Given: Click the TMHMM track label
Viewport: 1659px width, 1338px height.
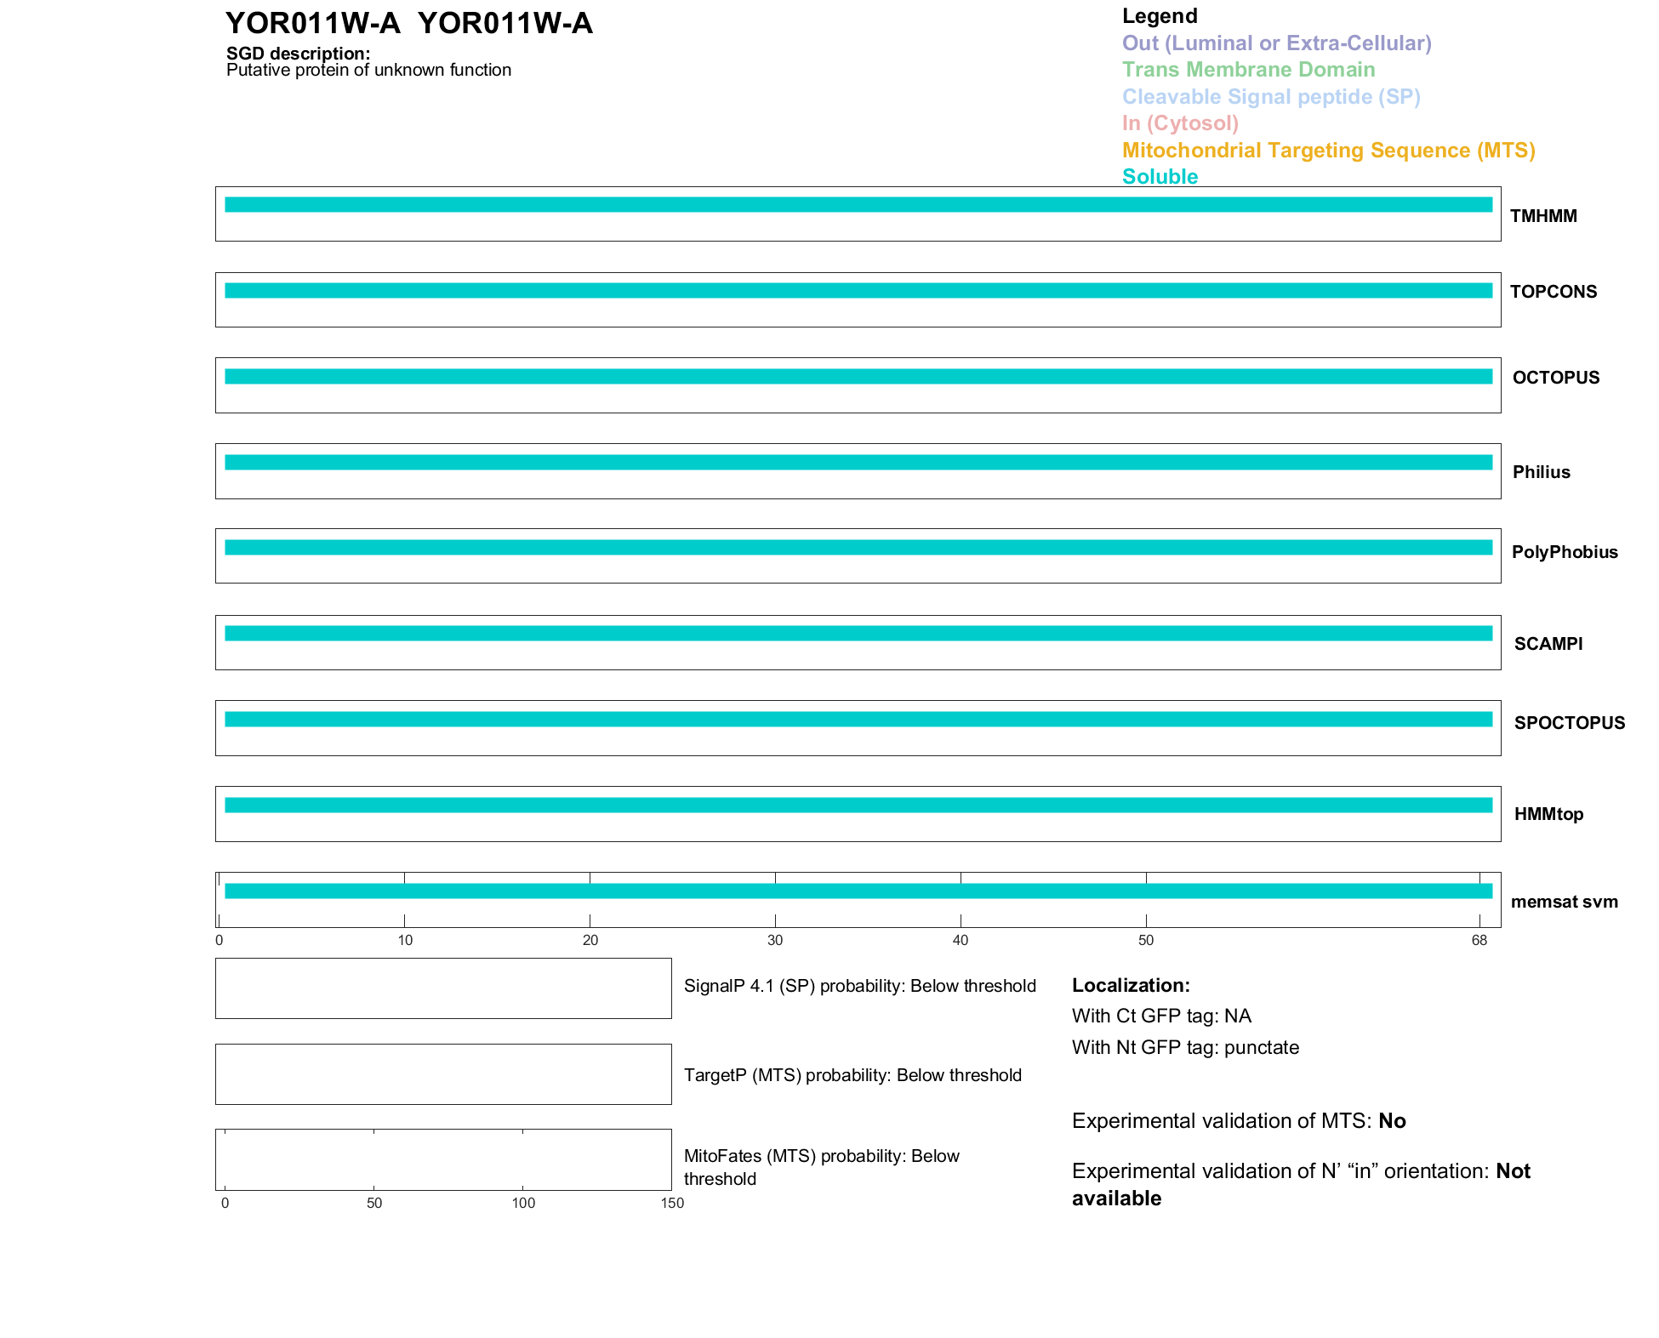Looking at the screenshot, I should click(x=1542, y=216).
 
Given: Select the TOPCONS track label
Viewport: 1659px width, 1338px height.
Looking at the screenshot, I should click(x=1553, y=292).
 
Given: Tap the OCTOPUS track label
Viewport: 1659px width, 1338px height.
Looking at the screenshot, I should click(x=1555, y=378).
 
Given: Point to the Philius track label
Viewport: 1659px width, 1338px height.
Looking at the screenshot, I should click(x=1541, y=472).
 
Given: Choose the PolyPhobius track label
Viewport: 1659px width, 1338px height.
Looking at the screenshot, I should click(x=1564, y=552).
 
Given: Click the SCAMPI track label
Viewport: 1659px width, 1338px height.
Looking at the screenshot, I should click(x=1548, y=644).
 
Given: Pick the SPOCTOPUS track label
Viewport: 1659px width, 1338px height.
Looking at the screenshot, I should click(x=1569, y=723).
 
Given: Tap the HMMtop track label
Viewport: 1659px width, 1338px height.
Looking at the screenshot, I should click(x=1548, y=814).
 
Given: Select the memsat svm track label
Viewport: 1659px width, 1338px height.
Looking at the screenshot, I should click(x=1564, y=902).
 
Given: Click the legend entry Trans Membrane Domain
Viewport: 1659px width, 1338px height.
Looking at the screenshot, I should click(x=1248, y=70).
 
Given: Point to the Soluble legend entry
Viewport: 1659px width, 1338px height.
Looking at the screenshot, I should click(x=1160, y=177).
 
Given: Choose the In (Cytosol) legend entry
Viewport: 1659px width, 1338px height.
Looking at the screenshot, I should click(x=1180, y=123).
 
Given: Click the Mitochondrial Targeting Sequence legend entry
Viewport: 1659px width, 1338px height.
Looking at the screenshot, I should click(x=1328, y=151).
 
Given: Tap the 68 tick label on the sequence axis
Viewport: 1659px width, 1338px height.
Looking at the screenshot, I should click(x=1479, y=940).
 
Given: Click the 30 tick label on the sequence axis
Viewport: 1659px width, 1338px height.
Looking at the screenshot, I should click(x=775, y=940).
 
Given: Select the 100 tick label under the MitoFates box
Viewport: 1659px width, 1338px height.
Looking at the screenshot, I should click(x=523, y=1203).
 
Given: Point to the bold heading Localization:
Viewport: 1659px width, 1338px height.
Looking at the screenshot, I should click(x=1131, y=985).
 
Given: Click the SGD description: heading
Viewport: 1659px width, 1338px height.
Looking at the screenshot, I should click(x=298, y=54).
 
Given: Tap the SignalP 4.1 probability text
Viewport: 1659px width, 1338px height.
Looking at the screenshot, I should click(x=859, y=986).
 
